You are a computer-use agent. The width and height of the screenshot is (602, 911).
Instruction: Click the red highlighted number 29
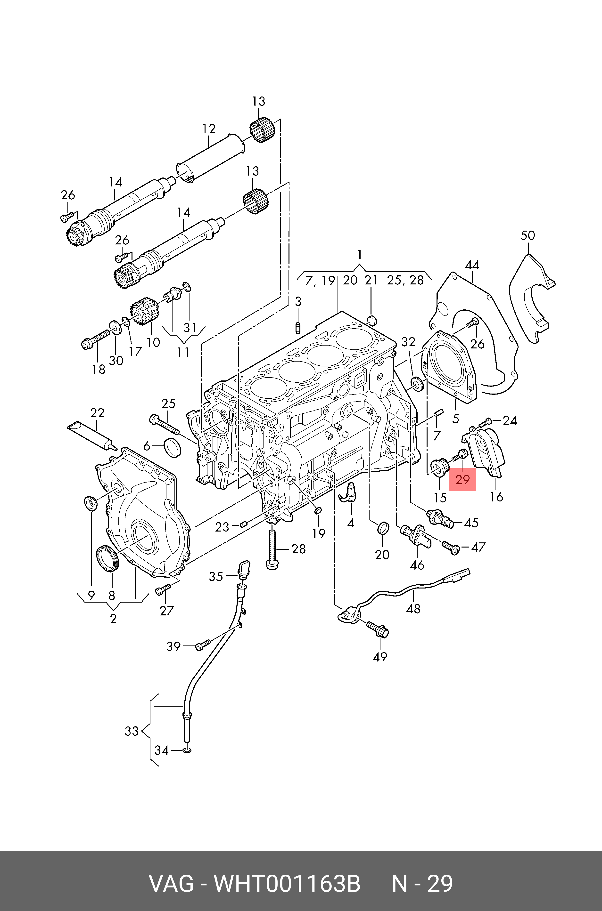pos(463,479)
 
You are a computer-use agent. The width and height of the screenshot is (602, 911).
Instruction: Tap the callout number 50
pos(528,235)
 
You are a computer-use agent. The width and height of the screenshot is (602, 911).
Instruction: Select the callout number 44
pos(472,265)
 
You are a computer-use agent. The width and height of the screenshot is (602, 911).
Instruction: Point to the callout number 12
pos(209,129)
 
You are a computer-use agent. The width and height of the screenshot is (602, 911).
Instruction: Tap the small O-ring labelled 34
pos(187,750)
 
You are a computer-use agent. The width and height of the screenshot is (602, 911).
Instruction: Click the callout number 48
pos(413,608)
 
